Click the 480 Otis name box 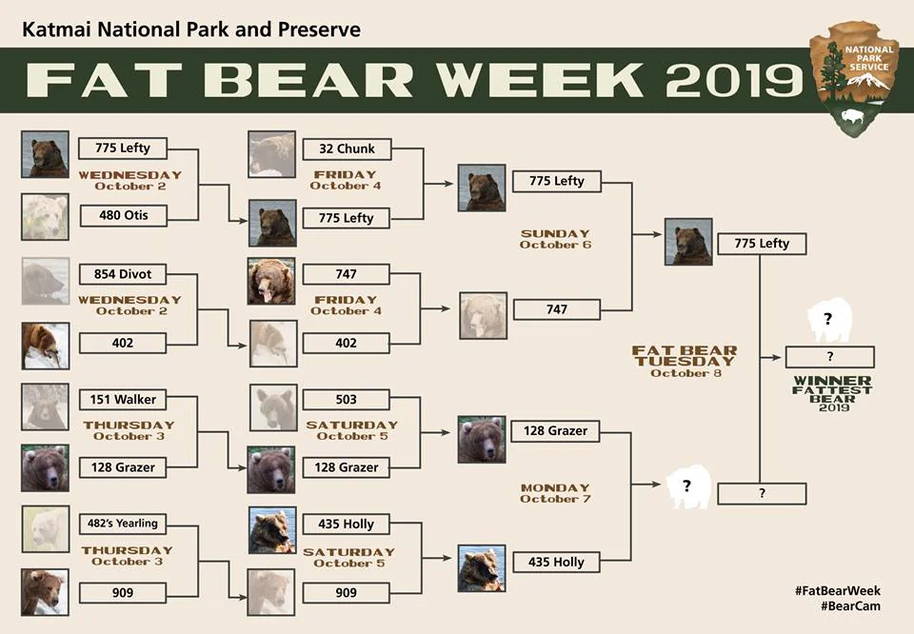123,215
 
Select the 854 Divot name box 123,274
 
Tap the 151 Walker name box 123,400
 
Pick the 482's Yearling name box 123,524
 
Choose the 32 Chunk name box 347,149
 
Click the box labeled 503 347,400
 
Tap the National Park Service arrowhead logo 855,79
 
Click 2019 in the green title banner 734,80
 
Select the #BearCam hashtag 850,606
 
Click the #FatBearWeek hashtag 838,590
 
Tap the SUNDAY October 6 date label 555,239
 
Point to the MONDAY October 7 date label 555,493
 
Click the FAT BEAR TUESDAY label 685,356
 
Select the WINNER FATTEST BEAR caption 832,393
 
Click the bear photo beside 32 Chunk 271,154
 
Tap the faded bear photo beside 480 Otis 45,217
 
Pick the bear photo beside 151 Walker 45,406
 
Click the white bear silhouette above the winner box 829,319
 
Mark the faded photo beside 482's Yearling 46,528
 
